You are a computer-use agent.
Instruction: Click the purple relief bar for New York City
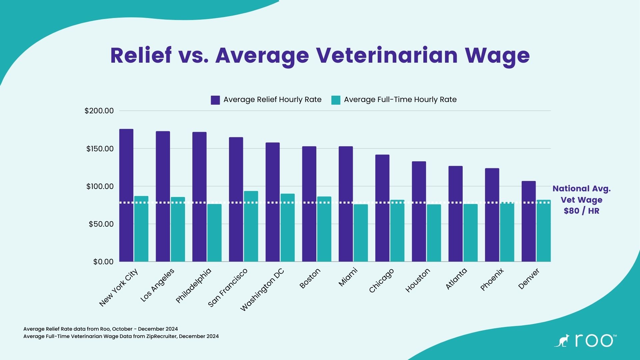point(126,195)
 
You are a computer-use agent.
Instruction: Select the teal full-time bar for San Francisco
point(251,226)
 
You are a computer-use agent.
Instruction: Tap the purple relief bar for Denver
point(529,221)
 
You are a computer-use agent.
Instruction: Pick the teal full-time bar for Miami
point(361,233)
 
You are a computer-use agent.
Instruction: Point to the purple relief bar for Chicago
point(382,208)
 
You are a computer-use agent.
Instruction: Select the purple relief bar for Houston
point(419,211)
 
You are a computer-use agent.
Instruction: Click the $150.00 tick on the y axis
point(100,149)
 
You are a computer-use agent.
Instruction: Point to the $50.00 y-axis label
point(101,224)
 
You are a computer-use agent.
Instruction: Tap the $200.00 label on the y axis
point(99,111)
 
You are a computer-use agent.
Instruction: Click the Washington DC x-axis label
point(262,289)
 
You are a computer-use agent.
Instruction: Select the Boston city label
point(310,278)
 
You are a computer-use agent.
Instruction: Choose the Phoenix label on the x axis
point(492,280)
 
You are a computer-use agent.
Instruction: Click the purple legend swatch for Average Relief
point(215,100)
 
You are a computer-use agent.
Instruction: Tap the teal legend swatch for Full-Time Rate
point(336,100)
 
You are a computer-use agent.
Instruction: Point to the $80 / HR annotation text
point(581,211)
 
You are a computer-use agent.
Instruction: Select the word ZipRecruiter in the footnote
point(162,336)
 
